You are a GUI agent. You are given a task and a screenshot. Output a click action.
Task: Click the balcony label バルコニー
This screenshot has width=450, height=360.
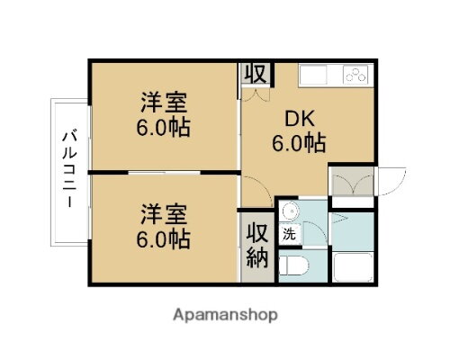click(67, 170)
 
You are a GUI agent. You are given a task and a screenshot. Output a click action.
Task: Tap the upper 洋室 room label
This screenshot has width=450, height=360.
click(163, 101)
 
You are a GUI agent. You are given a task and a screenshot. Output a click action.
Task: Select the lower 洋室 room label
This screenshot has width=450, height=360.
click(163, 216)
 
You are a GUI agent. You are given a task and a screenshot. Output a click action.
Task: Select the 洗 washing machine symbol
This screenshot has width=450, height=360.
click(289, 233)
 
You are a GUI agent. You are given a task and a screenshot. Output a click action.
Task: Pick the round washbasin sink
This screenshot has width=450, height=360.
click(288, 212)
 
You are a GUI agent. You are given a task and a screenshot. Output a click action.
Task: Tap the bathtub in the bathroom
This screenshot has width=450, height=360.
click(352, 266)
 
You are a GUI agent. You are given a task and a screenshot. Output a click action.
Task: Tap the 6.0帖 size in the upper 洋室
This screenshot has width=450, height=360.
click(163, 127)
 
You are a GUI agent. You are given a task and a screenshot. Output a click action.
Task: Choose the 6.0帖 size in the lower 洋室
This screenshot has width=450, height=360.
click(163, 240)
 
